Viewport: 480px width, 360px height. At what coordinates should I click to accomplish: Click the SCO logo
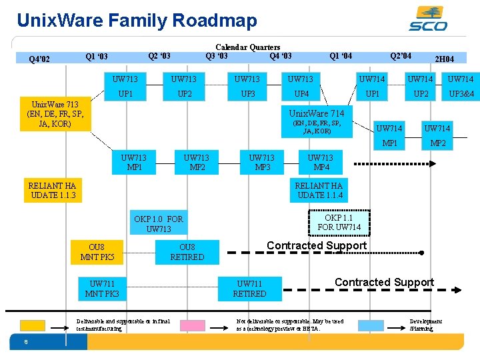[428, 18]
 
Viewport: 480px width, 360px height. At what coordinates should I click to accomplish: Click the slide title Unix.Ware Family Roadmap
[137, 21]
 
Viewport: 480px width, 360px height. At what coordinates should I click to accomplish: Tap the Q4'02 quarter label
[39, 59]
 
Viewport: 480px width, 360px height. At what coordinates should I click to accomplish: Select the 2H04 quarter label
[444, 59]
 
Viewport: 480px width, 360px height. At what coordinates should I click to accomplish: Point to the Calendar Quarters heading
[247, 47]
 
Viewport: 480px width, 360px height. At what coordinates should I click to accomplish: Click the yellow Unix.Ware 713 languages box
[54, 114]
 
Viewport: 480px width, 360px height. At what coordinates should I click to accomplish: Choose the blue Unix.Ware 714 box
[317, 120]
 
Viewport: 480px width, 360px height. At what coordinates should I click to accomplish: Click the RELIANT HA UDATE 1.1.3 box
[53, 191]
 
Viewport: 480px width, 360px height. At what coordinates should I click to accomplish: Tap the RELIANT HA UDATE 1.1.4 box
[319, 191]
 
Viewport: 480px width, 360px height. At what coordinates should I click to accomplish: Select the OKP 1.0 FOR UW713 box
[159, 224]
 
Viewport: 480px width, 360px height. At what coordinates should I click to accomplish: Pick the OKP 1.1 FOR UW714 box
[339, 223]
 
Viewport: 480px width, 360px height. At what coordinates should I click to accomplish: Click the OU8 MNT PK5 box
[97, 252]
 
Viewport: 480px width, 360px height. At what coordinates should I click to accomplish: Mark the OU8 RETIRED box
[187, 252]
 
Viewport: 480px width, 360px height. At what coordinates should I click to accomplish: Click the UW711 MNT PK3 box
[102, 289]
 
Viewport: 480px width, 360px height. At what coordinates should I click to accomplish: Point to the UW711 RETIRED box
[249, 289]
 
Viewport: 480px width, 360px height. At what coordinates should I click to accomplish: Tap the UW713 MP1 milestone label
[134, 162]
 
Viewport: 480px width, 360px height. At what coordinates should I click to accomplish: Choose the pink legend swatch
[192, 325]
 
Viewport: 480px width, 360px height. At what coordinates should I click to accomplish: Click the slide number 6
[25, 343]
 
